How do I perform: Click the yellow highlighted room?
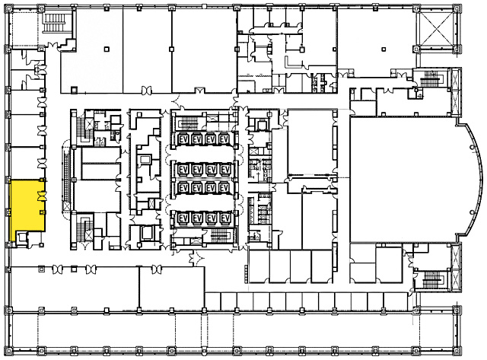(x=28, y=205)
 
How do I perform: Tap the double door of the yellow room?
(x=42, y=196)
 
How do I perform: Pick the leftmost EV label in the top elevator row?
(x=183, y=139)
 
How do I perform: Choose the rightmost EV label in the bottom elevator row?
(x=225, y=218)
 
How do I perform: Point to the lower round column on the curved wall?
(x=472, y=212)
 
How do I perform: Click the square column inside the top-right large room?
(x=384, y=49)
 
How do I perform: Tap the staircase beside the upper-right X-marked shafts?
(x=431, y=79)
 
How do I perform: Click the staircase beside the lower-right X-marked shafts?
(x=431, y=279)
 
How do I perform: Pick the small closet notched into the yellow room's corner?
(x=22, y=238)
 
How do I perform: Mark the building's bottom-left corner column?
(x=8, y=351)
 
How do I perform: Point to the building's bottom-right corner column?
(x=457, y=351)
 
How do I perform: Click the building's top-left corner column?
(x=8, y=8)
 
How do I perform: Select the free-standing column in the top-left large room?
(x=107, y=49)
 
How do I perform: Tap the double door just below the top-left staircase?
(x=53, y=45)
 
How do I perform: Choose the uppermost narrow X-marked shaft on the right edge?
(x=455, y=79)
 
